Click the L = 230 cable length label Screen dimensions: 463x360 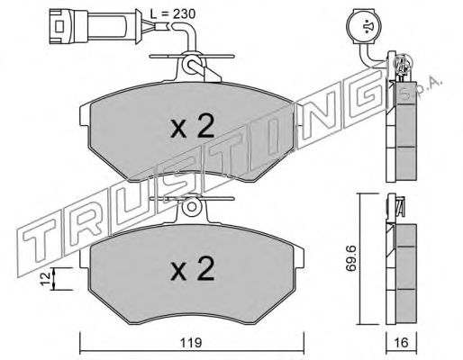point(173,13)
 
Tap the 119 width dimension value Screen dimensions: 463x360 point(192,342)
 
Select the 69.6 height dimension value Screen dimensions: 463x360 point(350,258)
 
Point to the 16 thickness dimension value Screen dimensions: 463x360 point(401,342)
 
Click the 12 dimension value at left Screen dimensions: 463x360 point(46,279)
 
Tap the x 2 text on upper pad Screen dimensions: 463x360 point(193,126)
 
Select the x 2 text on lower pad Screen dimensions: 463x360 point(193,269)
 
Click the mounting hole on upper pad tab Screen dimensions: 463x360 point(191,64)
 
